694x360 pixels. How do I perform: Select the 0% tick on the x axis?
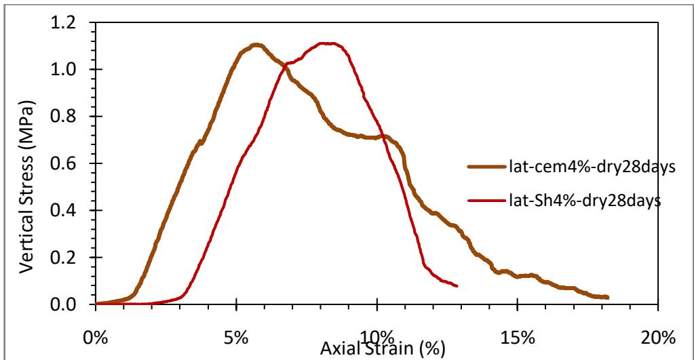pos(96,336)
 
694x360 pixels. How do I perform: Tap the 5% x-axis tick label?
pos(236,336)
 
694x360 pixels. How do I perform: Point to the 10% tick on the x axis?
pos(377,336)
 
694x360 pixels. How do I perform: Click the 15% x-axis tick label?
pos(518,336)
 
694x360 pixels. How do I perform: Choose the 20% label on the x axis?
pos(658,336)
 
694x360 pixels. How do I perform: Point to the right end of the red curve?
pos(457,286)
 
